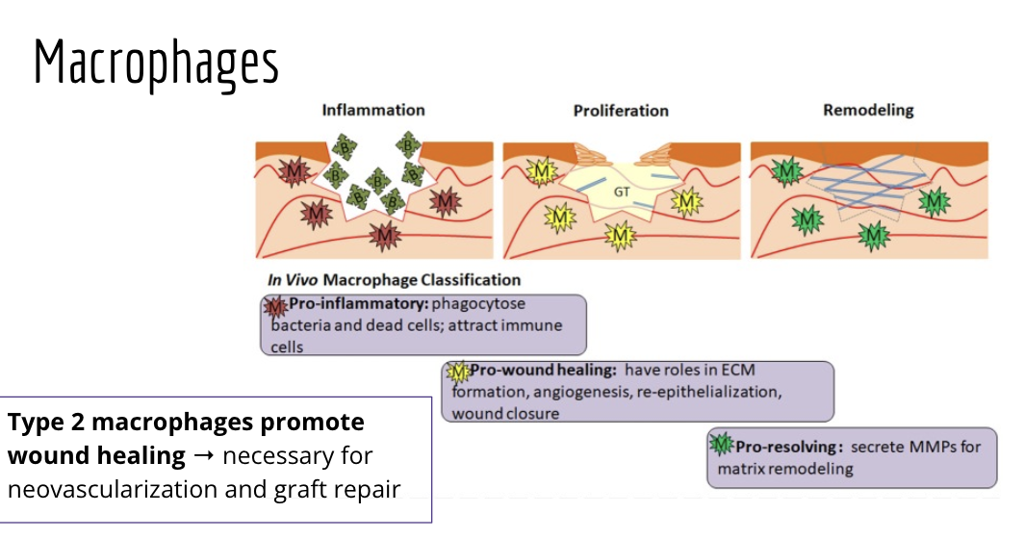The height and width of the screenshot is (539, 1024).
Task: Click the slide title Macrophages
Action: [156, 64]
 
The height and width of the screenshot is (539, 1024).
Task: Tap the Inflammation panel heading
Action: [372, 110]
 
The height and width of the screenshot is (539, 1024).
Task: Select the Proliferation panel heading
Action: [620, 110]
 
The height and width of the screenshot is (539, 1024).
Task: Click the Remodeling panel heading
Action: [868, 110]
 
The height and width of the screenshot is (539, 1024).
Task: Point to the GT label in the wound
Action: [622, 192]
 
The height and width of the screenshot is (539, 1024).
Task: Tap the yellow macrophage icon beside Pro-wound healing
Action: [457, 372]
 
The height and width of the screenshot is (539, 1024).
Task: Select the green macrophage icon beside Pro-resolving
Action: [722, 446]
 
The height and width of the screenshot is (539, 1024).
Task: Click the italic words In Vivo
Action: [294, 280]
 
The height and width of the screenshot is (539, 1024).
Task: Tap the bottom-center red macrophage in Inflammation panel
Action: [385, 234]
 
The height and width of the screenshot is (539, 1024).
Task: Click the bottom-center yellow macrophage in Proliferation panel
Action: [621, 234]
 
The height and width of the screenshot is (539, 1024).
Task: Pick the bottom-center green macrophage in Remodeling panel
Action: [873, 234]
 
